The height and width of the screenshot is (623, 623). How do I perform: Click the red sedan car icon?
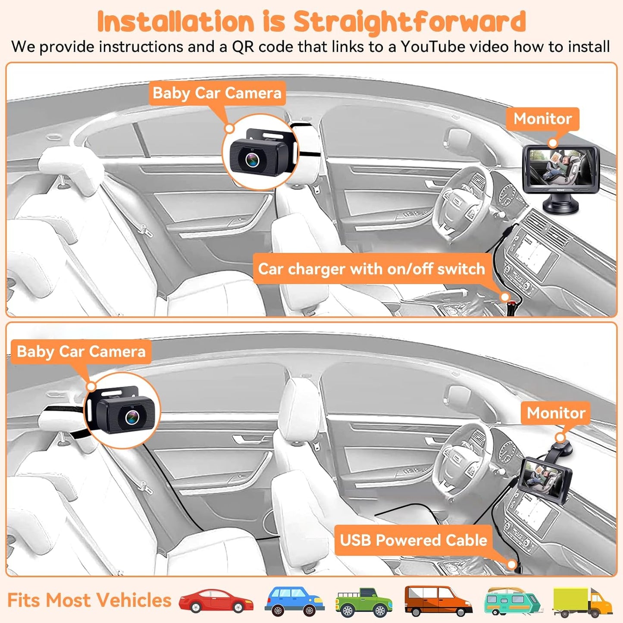click(x=216, y=601)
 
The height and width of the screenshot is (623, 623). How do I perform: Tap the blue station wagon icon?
click(x=294, y=601)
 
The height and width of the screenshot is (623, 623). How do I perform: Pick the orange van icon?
click(x=438, y=601)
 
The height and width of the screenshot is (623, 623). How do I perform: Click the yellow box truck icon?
click(x=582, y=602)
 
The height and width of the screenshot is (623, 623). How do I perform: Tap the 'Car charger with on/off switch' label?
click(x=371, y=269)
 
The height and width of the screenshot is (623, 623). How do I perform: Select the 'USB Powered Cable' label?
click(x=413, y=540)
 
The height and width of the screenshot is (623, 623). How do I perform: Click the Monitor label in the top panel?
click(x=542, y=119)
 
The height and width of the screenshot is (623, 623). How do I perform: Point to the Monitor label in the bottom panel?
click(x=556, y=413)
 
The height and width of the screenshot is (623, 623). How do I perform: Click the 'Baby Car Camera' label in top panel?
click(x=217, y=93)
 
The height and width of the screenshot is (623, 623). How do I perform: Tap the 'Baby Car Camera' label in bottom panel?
click(x=81, y=351)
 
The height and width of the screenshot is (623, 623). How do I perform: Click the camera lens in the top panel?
click(x=253, y=160)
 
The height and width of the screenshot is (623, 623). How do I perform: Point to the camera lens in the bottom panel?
click(x=132, y=417)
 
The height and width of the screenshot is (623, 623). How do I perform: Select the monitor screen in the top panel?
click(x=559, y=168)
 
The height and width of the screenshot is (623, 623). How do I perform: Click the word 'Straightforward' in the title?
click(x=409, y=22)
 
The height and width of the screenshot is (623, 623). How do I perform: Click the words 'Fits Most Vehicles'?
click(x=89, y=601)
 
